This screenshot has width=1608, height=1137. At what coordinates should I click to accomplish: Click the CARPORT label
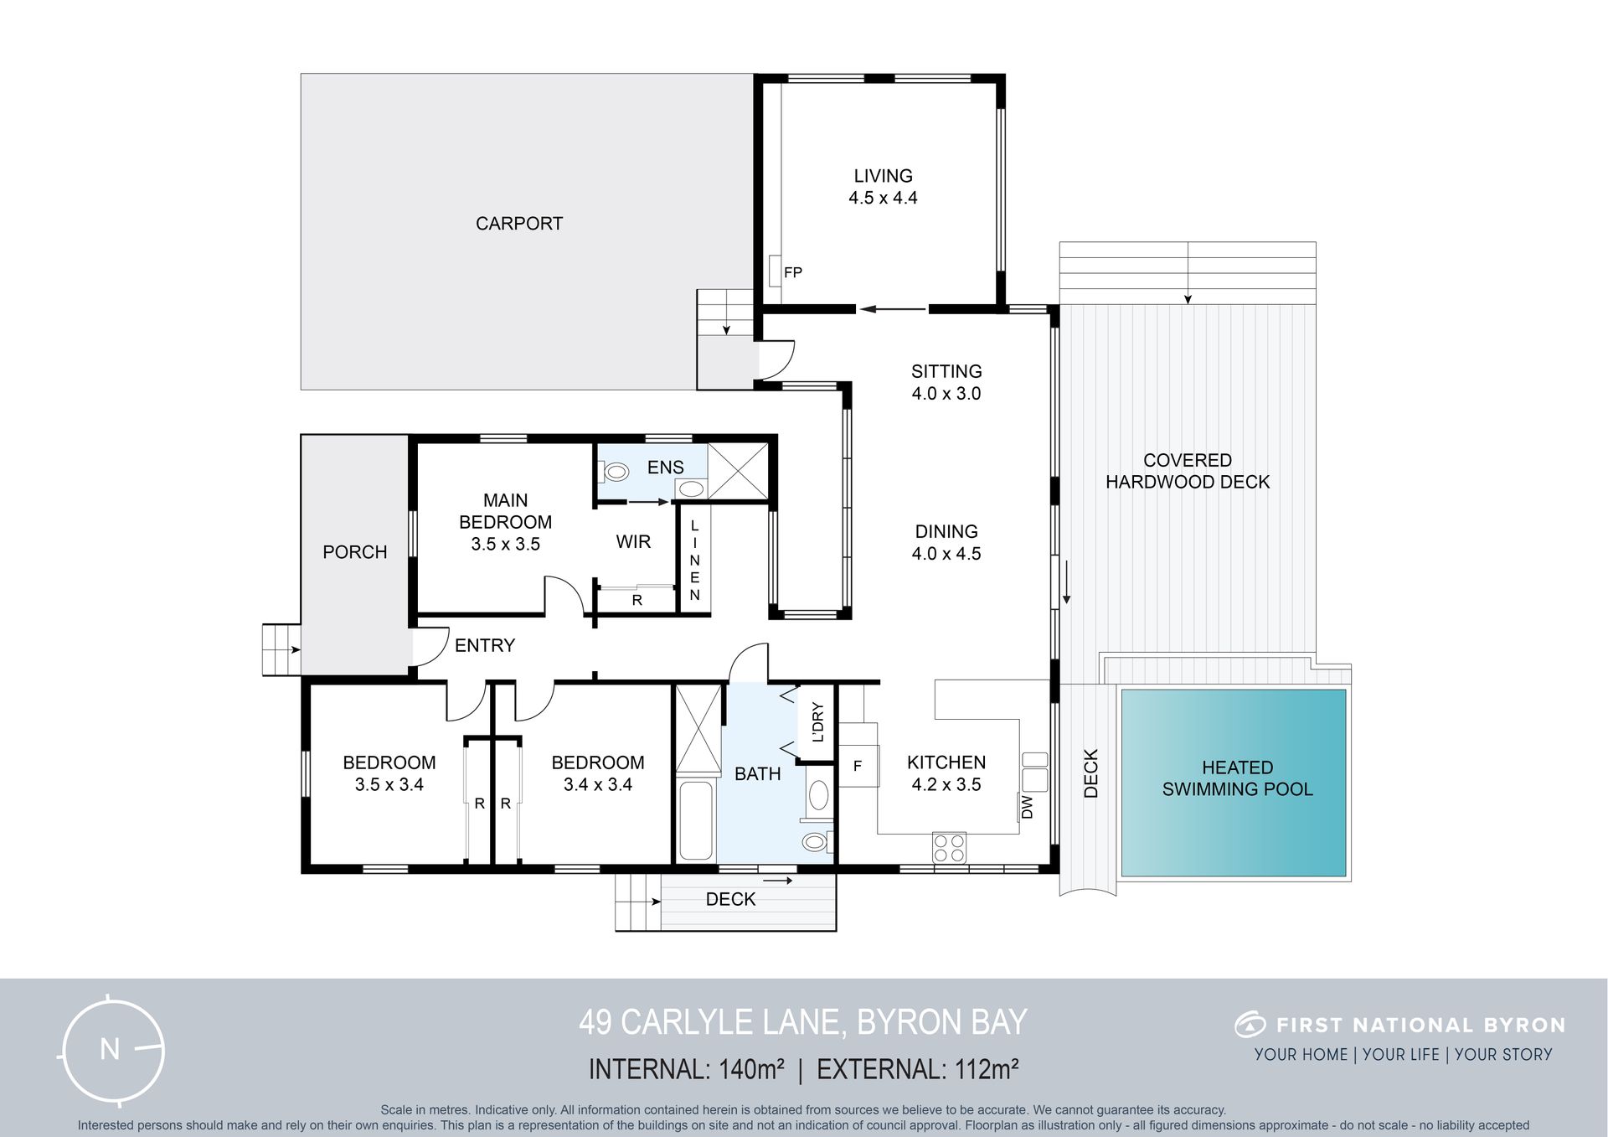point(519,224)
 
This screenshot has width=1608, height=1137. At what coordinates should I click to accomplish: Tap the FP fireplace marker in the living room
point(792,272)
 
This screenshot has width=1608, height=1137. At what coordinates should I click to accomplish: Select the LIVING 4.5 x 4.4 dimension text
point(883,198)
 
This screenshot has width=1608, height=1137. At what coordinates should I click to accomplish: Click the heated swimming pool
point(1234,783)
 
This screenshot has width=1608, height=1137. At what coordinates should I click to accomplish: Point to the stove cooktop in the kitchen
point(949,847)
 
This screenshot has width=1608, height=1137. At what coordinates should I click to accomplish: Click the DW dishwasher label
point(1028,807)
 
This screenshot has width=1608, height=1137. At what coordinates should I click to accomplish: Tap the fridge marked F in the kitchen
point(858,765)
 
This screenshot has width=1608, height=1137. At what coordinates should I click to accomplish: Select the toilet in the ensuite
point(615,472)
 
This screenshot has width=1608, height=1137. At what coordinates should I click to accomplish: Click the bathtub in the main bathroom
point(696,820)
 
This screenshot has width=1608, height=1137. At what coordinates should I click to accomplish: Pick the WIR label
point(633,542)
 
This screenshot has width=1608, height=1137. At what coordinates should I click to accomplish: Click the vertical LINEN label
point(694,560)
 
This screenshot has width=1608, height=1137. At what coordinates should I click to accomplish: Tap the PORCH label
point(355,552)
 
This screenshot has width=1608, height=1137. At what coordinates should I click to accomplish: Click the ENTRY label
point(485,645)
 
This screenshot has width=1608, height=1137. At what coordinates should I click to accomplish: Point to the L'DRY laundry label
point(817,722)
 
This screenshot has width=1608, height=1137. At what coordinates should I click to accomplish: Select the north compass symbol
point(112,1050)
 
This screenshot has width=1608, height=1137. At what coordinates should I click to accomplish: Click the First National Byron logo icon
point(1250,1024)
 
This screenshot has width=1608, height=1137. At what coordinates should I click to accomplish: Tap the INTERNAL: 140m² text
point(687,1070)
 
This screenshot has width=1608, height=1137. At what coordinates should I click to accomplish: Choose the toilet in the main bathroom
point(817,841)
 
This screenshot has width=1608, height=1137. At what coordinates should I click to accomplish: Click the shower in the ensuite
point(738,472)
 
